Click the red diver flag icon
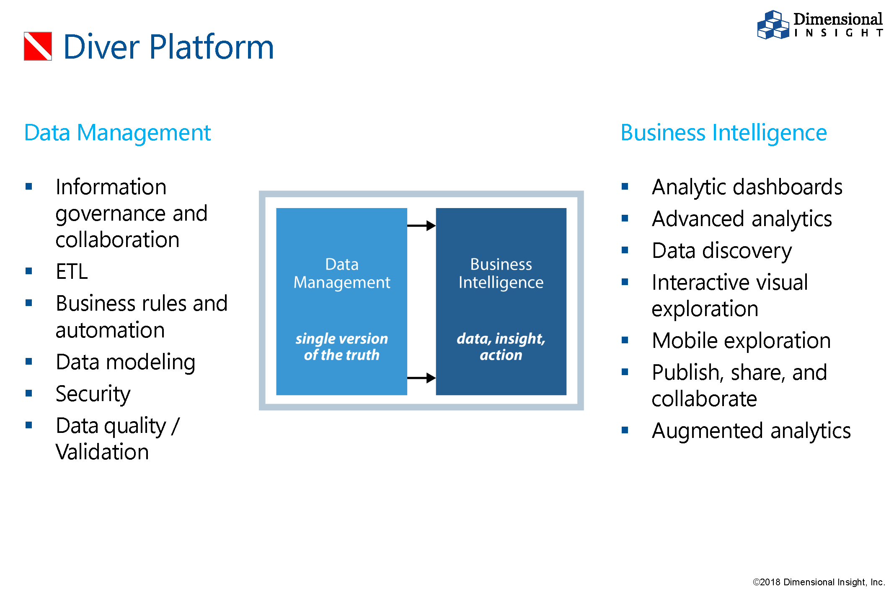click(x=38, y=46)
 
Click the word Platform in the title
click(x=211, y=47)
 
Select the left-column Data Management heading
click(x=117, y=133)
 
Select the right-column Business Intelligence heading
click(x=723, y=133)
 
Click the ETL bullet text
click(x=72, y=271)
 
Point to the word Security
click(x=93, y=394)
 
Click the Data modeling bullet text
click(x=125, y=362)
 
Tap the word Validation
click(x=102, y=452)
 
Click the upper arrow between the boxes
click(x=421, y=226)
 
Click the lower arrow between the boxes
click(x=421, y=378)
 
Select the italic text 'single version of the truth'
click(x=341, y=347)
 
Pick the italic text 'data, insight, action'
click(x=501, y=347)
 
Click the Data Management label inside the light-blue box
click(x=341, y=273)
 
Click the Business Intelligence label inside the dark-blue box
click(x=501, y=273)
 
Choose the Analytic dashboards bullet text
click(x=747, y=187)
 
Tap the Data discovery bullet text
click(x=722, y=250)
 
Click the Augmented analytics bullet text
click(x=751, y=430)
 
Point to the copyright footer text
click(x=819, y=582)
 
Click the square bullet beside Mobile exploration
click(x=625, y=340)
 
